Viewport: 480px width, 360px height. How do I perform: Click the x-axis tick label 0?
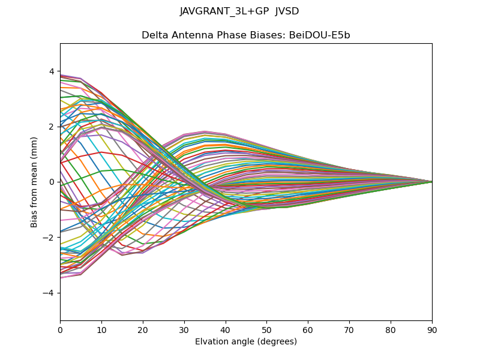tap(60, 329)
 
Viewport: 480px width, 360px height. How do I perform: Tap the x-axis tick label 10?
tap(101, 329)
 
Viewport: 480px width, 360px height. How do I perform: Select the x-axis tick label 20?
tap(143, 329)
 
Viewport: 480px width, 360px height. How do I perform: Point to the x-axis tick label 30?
tap(184, 329)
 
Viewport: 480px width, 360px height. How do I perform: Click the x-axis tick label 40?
tap(226, 329)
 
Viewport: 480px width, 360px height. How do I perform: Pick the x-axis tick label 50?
tap(266, 329)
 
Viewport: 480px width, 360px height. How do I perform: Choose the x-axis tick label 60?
tap(308, 329)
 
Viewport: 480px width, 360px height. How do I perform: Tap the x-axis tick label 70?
tap(349, 329)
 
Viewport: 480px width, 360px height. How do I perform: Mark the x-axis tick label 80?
tap(391, 329)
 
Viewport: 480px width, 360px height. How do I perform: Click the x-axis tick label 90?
tap(432, 329)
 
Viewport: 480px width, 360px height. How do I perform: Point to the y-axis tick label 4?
tap(52, 71)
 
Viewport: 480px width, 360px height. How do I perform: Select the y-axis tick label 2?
tap(52, 127)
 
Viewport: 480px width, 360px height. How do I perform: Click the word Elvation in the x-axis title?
tap(211, 341)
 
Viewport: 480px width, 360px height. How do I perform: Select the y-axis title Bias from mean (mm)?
tap(34, 182)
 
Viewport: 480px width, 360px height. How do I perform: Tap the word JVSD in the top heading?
tap(287, 11)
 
